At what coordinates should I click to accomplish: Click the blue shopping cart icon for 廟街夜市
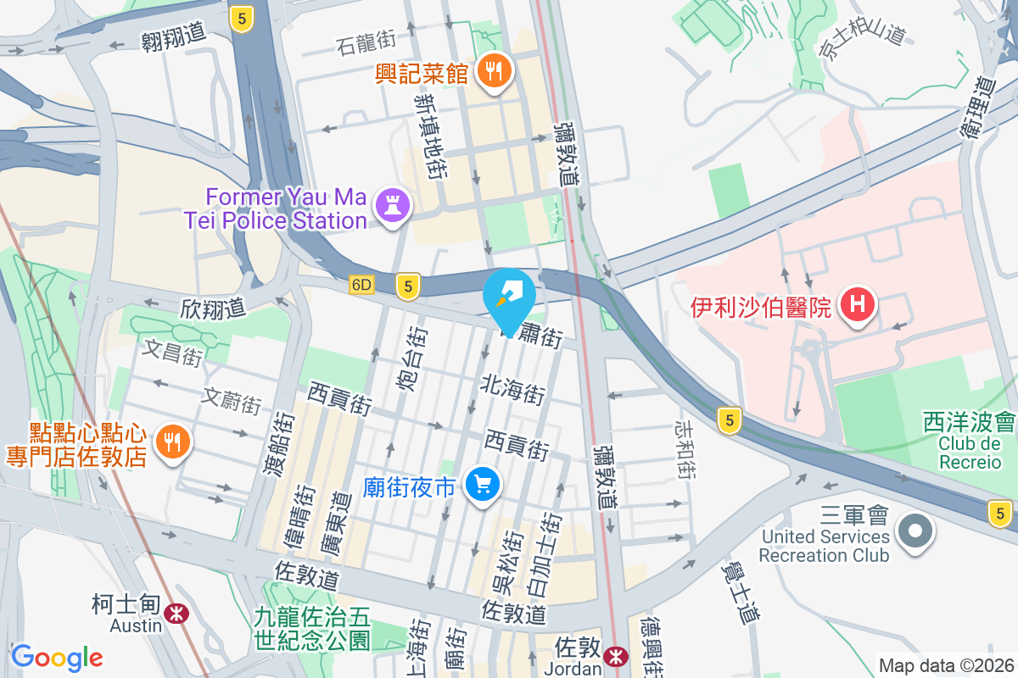[x=484, y=486]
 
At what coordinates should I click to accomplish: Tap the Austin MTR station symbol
[x=177, y=613]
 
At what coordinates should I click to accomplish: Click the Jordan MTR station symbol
[x=617, y=656]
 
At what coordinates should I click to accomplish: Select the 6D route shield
[x=361, y=286]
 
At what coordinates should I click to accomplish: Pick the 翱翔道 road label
[x=174, y=36]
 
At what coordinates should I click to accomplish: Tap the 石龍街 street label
[x=366, y=39]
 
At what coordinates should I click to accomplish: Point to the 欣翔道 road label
[x=212, y=308]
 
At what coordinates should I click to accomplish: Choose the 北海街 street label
[x=512, y=392]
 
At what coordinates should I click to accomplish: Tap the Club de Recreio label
[x=970, y=452]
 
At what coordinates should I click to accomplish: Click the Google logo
[x=57, y=658]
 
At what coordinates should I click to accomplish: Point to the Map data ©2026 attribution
[x=946, y=666]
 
